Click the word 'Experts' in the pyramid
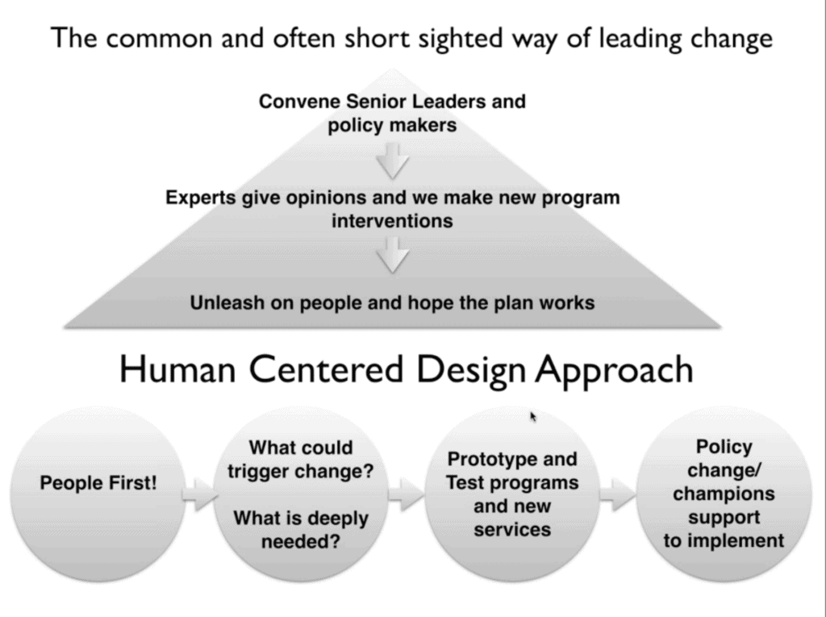click(201, 197)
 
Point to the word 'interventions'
click(392, 219)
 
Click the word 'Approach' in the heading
click(615, 370)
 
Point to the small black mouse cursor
click(533, 416)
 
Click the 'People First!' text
click(98, 485)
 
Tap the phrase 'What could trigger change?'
click(300, 459)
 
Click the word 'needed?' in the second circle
click(300, 542)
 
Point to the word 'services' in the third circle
click(512, 530)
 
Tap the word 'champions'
click(724, 494)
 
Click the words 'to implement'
click(724, 540)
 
